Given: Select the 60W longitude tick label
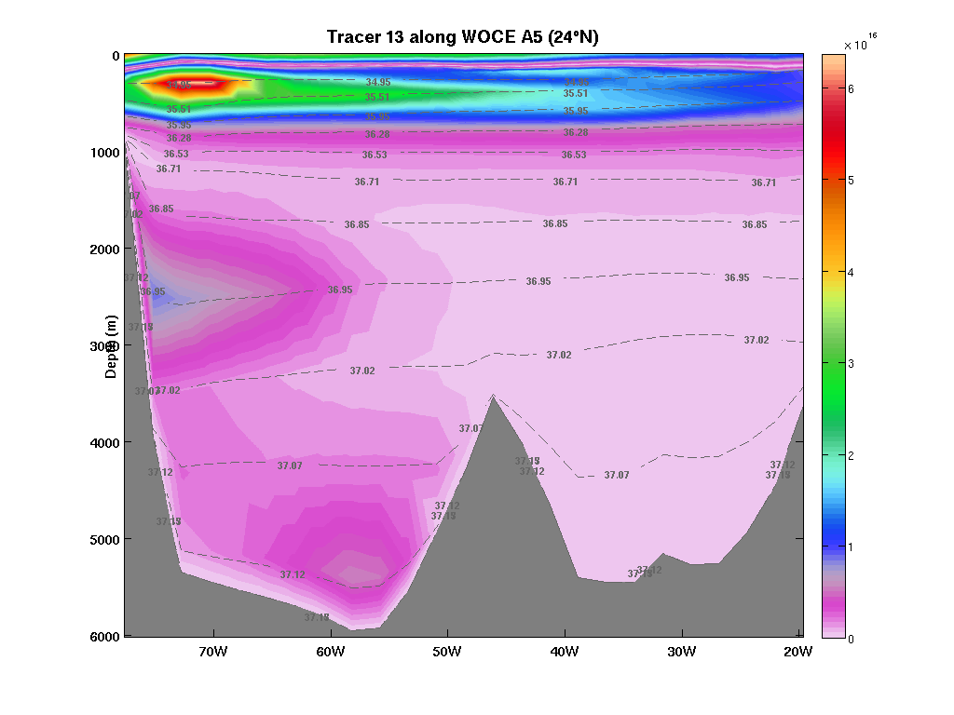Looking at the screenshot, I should (331, 651).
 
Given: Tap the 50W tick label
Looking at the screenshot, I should (447, 651).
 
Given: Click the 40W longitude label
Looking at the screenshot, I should (565, 651).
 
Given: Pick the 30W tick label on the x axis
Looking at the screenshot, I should (681, 651).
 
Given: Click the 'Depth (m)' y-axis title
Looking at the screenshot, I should (112, 345).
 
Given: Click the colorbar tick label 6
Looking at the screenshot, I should (851, 89).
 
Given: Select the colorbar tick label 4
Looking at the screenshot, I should (851, 273).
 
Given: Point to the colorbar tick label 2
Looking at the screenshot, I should (851, 455).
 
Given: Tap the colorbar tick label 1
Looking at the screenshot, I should (851, 547).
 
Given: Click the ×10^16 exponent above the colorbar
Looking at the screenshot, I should (860, 43).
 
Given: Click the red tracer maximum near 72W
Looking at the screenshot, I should (190, 84).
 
